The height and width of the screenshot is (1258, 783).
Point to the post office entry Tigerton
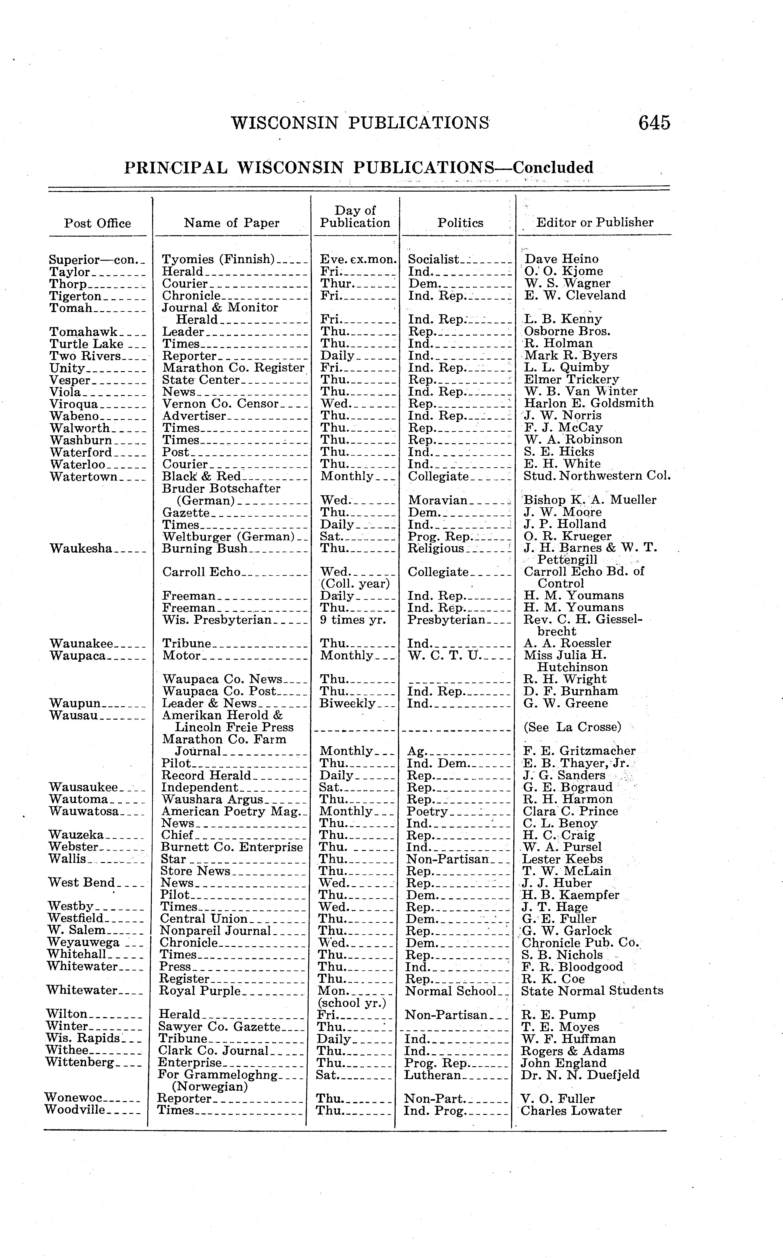[x=76, y=296]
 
